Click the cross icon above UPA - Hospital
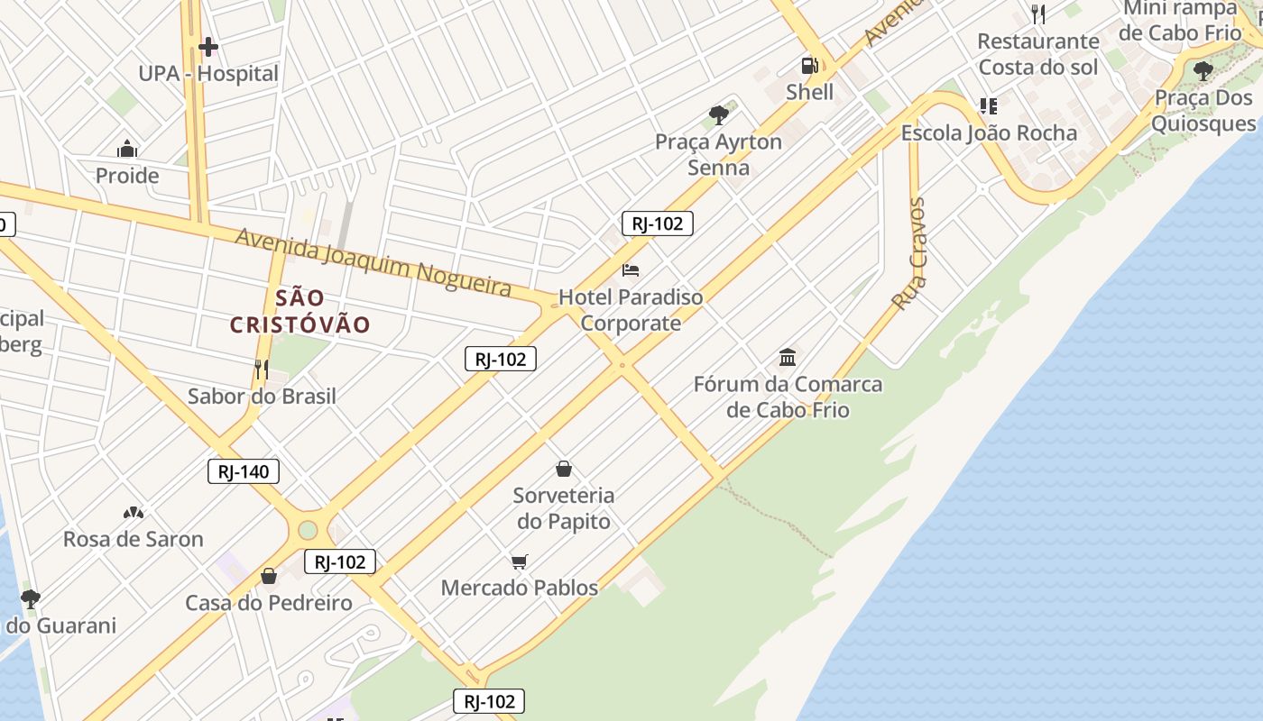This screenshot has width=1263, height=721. click(x=208, y=47)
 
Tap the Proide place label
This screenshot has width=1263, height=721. click(x=127, y=176)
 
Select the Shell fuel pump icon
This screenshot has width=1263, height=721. click(x=809, y=65)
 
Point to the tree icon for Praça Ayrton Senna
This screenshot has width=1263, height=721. click(x=719, y=114)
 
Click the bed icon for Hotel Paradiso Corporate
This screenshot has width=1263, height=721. click(x=631, y=270)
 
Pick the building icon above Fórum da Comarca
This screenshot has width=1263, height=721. click(x=788, y=358)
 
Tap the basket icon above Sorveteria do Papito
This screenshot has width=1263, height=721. click(x=564, y=469)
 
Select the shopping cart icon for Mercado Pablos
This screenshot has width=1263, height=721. click(x=519, y=562)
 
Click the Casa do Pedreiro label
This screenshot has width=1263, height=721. click(x=269, y=603)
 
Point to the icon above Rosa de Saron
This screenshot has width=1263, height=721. click(x=134, y=513)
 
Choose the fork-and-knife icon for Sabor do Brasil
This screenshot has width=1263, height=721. click(x=262, y=369)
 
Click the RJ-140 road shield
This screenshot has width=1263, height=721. click(x=244, y=471)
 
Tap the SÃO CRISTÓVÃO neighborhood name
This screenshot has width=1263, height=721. click(x=300, y=311)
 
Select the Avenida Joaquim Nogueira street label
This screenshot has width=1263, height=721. click(x=373, y=262)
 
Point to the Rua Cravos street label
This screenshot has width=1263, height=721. click(x=909, y=254)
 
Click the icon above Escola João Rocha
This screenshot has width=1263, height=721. click(x=989, y=106)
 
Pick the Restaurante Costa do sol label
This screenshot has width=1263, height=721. click(x=1038, y=54)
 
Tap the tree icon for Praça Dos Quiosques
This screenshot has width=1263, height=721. click(x=1203, y=70)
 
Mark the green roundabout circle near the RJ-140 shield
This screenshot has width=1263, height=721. click(x=308, y=529)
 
